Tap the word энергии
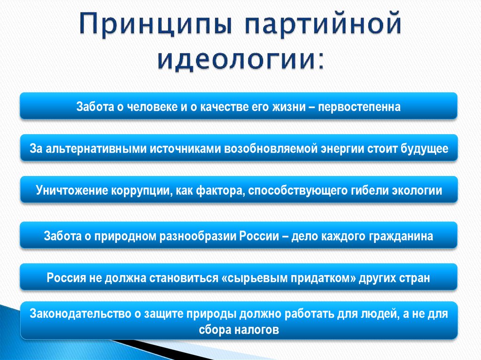(x=339, y=149)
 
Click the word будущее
(x=425, y=149)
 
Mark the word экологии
(x=417, y=191)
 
